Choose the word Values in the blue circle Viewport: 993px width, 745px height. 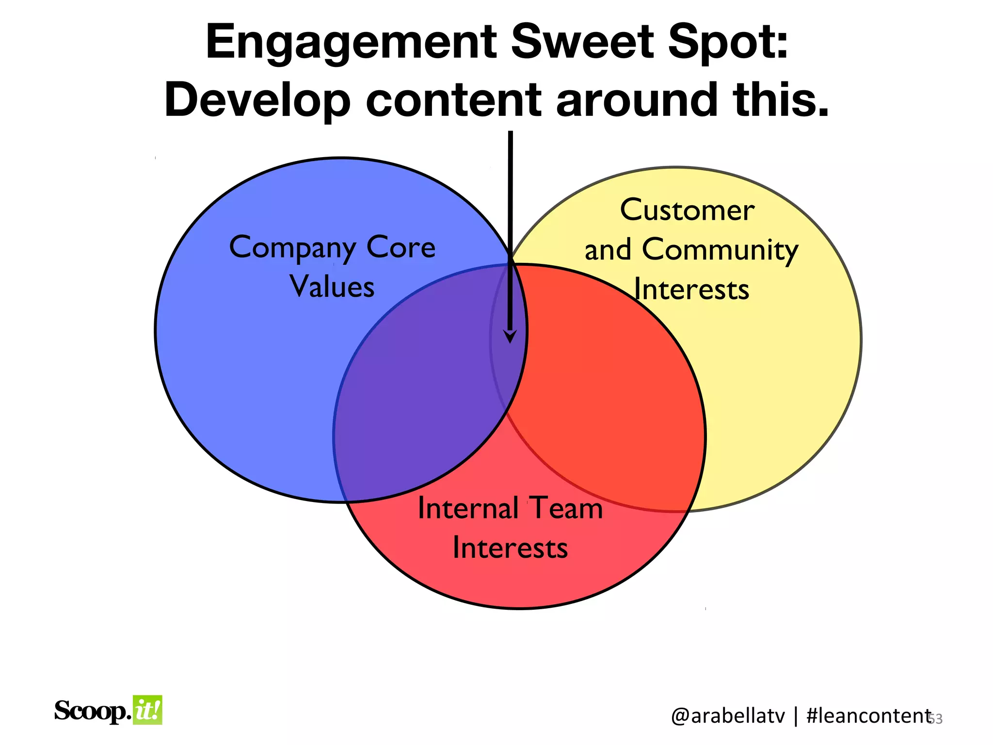coord(332,287)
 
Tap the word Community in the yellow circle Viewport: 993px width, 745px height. coord(720,251)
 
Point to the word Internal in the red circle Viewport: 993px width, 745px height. coord(468,508)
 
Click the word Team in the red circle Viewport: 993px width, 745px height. coord(566,508)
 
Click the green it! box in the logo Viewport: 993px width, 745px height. coord(147,711)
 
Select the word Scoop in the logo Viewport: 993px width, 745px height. coord(92,711)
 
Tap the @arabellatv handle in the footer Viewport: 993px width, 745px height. coord(728,716)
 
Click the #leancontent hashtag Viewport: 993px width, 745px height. coord(868,716)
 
